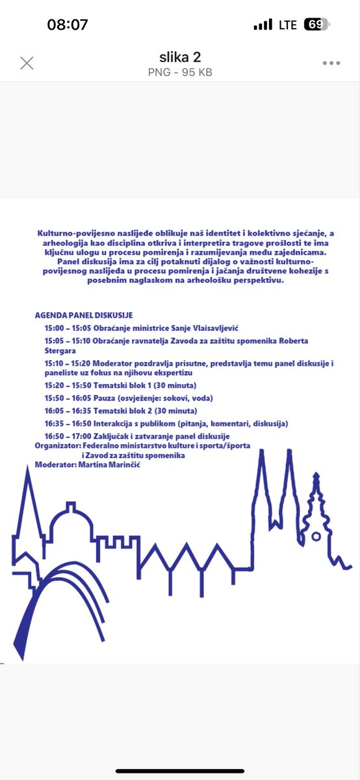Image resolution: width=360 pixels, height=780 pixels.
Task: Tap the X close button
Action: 27,63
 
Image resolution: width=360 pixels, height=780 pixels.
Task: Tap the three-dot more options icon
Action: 331,63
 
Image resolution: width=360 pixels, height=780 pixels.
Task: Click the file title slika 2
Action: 180,57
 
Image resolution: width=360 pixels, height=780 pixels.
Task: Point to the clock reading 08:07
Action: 68,25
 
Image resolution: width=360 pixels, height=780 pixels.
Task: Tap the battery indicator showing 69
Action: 316,25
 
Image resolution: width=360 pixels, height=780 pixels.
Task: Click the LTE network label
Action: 288,25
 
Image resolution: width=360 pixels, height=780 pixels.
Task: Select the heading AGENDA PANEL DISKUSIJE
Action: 84,315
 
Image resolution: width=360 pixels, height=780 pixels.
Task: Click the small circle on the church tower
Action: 316,537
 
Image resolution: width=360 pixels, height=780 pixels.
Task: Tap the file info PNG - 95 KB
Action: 180,72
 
